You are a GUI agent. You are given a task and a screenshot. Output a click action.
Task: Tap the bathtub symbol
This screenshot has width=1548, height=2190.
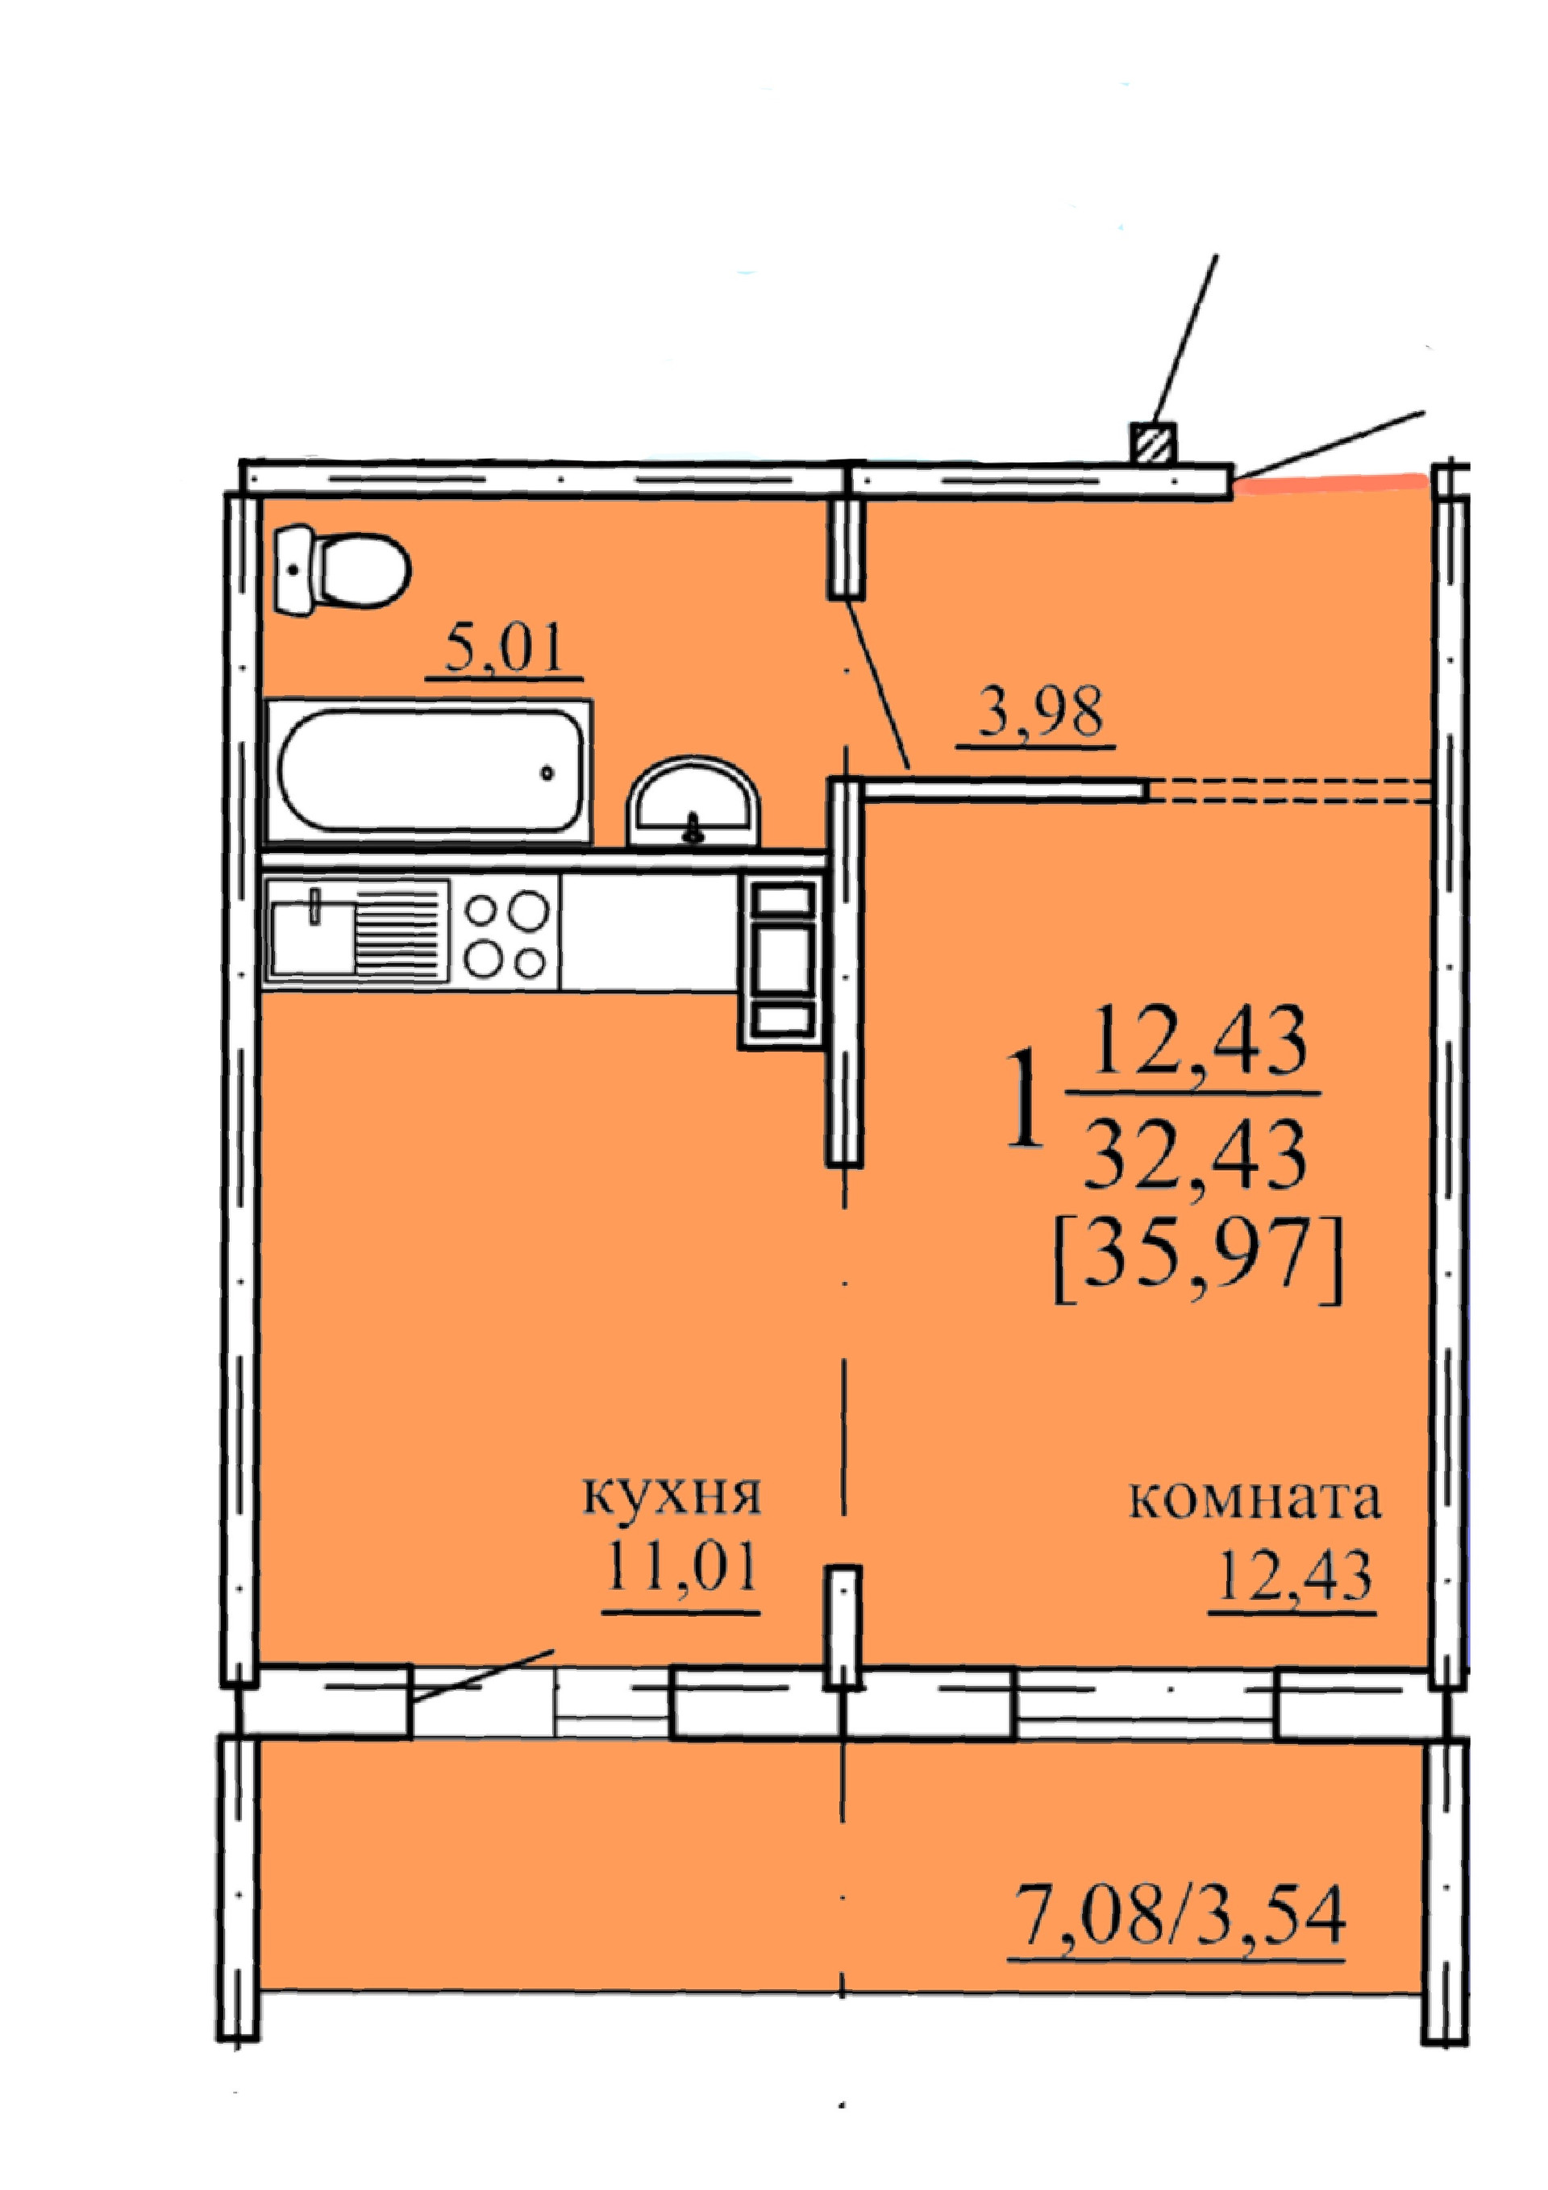[x=427, y=771]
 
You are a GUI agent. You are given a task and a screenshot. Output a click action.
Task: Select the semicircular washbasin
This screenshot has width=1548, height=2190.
[x=693, y=804]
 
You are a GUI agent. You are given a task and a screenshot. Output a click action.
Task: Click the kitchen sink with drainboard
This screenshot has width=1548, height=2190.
[x=355, y=929]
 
